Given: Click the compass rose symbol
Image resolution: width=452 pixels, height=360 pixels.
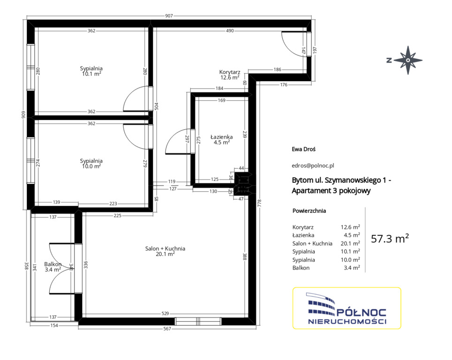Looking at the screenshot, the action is click(x=408, y=60).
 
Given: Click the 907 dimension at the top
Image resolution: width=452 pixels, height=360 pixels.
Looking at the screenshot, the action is click(x=169, y=16).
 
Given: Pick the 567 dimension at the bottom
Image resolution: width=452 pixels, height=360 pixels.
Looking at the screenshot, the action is click(x=167, y=329).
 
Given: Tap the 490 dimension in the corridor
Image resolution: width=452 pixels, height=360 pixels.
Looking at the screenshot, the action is click(x=230, y=31).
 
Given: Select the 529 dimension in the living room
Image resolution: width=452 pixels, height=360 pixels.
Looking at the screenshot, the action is click(x=165, y=313).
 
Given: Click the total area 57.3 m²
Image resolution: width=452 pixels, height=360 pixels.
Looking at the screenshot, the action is click(x=390, y=239).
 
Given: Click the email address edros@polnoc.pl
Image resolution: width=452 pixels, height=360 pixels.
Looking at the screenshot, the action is click(x=313, y=165).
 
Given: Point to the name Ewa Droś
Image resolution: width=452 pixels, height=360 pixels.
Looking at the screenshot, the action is click(x=303, y=149).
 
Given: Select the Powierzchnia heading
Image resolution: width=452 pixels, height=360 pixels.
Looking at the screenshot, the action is click(x=309, y=210).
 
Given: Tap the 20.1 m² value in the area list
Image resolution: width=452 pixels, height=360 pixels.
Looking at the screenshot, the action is click(x=350, y=244).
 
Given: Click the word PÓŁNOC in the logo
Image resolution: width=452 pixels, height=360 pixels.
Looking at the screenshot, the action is click(x=362, y=313).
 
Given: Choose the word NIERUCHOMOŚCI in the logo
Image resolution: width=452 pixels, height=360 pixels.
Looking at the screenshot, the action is click(x=347, y=322).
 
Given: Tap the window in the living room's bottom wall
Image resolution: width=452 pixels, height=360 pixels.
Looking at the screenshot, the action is click(x=198, y=322).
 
